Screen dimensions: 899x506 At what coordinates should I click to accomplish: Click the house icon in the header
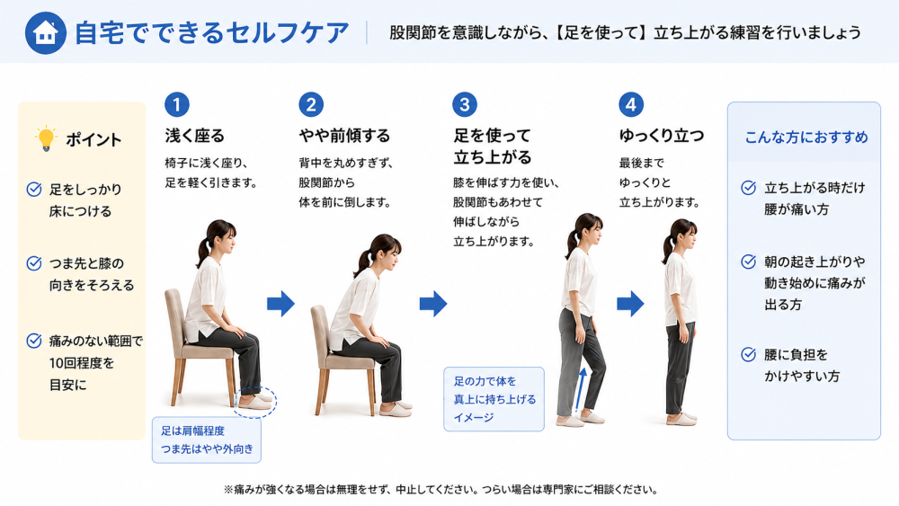[45, 32]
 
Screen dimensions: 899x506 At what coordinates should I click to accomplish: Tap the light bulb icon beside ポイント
[45, 138]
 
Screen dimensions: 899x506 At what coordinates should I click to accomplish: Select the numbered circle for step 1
[176, 104]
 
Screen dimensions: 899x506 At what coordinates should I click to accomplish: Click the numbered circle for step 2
[311, 104]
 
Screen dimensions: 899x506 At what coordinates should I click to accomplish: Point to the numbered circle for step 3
[465, 104]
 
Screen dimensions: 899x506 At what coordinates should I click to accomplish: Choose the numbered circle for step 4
[631, 104]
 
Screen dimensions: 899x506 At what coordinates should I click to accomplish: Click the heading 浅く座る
[195, 136]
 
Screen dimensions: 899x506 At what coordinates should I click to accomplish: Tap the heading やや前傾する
[344, 136]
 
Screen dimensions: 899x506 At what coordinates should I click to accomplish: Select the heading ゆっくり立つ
[662, 136]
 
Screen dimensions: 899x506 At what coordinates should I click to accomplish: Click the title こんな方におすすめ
[806, 138]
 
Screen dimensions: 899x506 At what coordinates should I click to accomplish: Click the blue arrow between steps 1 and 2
[280, 303]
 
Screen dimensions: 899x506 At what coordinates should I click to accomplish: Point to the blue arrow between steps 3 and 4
[631, 303]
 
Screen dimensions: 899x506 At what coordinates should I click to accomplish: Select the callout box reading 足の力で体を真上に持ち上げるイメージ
[494, 399]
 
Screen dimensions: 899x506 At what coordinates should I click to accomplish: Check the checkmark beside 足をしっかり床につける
[34, 189]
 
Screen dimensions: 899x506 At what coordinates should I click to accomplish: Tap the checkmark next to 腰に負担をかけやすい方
[748, 354]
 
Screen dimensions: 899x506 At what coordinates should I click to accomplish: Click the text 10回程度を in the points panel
[82, 363]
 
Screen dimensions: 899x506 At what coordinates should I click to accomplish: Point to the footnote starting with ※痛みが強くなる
[441, 490]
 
